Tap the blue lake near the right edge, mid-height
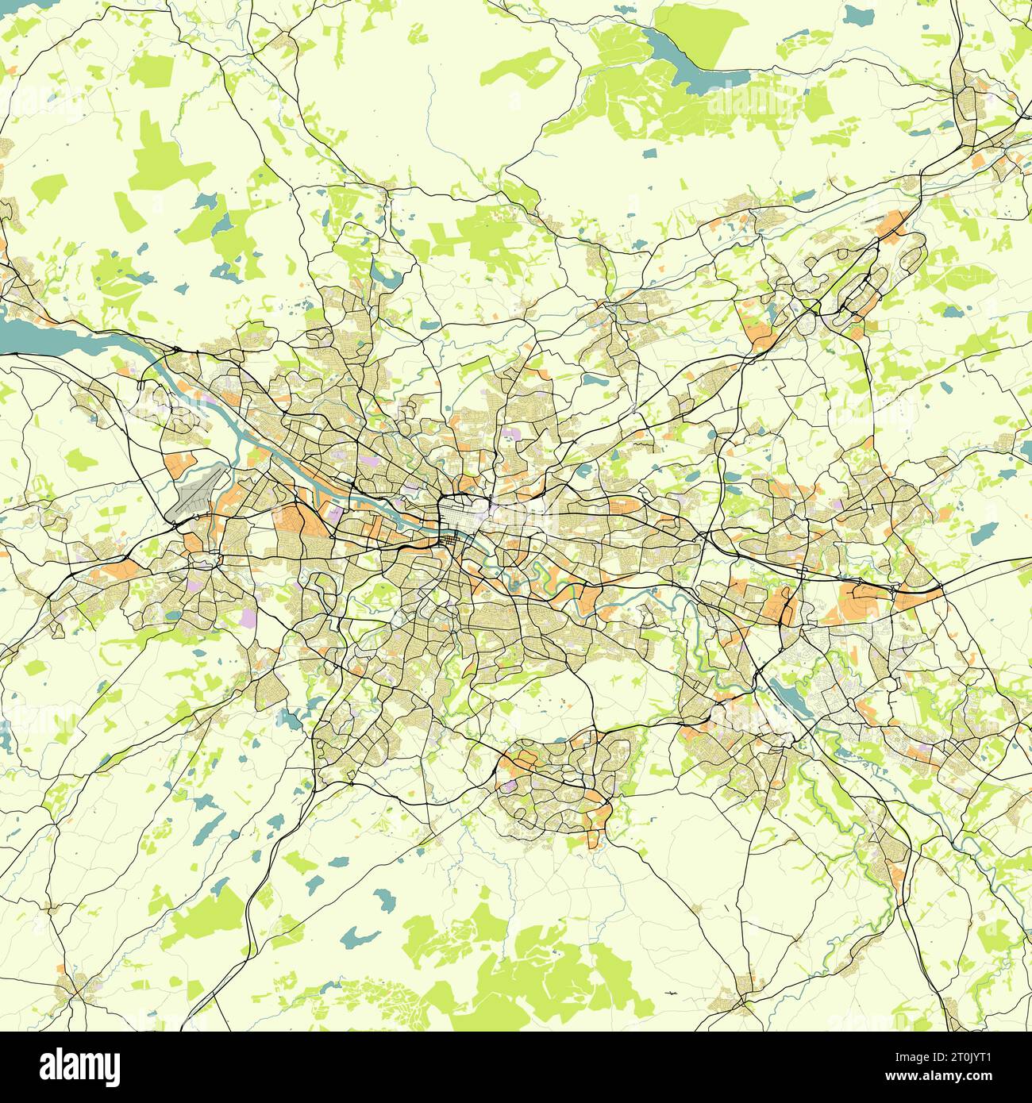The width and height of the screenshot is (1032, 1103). (984, 532)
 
